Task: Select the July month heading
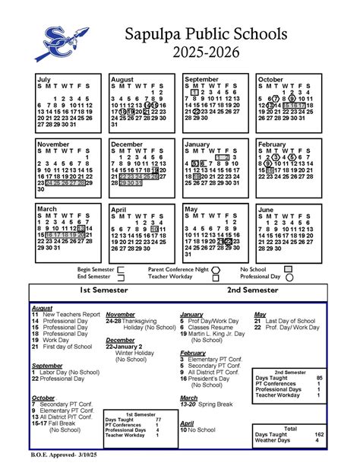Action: point(44,79)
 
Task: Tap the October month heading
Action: point(270,79)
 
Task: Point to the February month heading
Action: point(271,144)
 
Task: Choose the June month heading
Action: point(267,209)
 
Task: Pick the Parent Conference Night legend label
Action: point(178,269)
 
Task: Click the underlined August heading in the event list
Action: point(42,307)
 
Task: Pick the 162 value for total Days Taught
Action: point(319,433)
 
